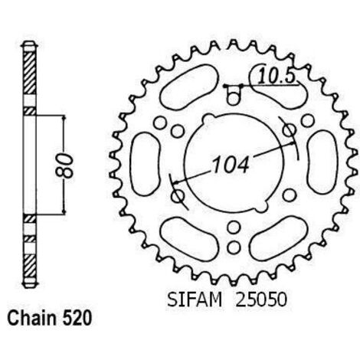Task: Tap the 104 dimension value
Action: tap(231, 165)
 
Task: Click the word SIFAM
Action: tap(195, 299)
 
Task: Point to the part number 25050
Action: tap(261, 299)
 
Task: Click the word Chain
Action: tap(31, 318)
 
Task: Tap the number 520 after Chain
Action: tap(76, 318)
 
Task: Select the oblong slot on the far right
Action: tap(322, 162)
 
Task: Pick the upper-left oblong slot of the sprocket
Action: tap(189, 87)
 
